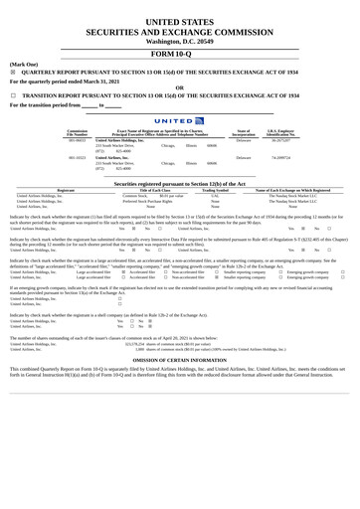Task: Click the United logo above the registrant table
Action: pos(180,120)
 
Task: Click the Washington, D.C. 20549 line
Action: pos(180,41)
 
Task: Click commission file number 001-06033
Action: pos(77,140)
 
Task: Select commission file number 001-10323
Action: pos(77,157)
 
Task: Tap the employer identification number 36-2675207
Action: pos(281,140)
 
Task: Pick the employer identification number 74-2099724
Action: pos(281,157)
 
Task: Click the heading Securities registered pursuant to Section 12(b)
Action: pos(180,184)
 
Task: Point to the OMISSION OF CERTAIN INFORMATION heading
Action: pos(180,361)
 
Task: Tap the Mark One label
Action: pos(23,63)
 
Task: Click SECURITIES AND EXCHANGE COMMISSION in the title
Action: pos(180,31)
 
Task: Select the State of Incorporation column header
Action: pos(244,132)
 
